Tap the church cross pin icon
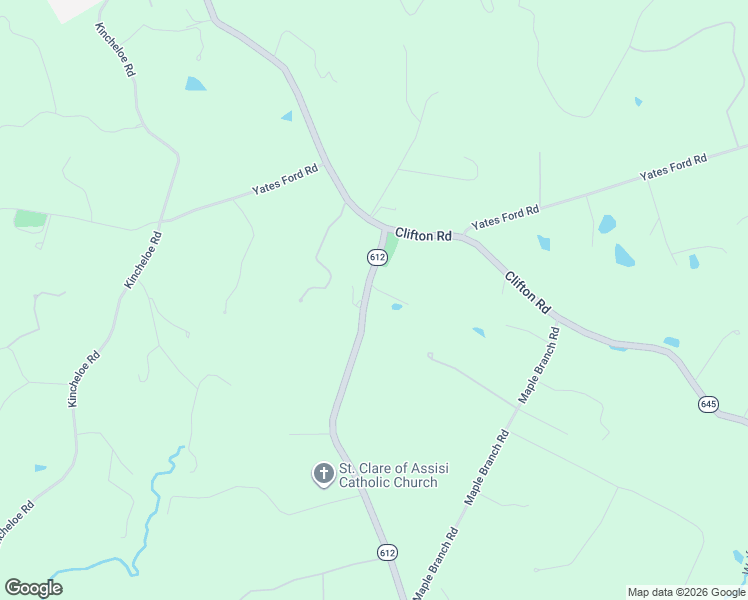coord(323,473)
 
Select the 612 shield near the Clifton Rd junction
coord(376,257)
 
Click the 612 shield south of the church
coord(388,552)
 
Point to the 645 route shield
coord(708,404)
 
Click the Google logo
coord(33,587)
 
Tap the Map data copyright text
coord(687,592)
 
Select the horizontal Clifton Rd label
coord(423,235)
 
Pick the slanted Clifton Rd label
coord(527,291)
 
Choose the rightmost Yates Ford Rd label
coord(673,166)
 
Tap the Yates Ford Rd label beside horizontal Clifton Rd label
coord(505,216)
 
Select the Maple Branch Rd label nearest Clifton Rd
coord(539,365)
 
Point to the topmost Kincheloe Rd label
coord(116,52)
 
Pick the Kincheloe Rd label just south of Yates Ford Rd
coord(142,259)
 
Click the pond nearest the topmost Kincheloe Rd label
coord(195,84)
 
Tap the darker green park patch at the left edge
coord(31,218)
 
